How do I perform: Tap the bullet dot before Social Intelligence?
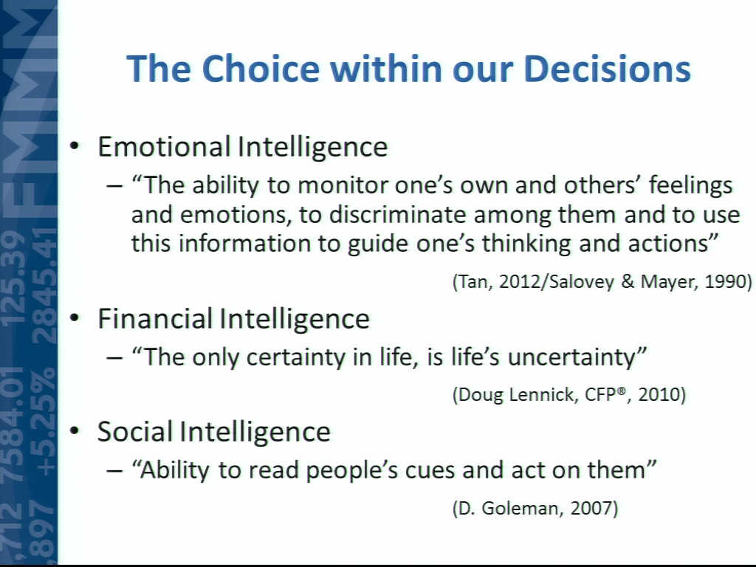coord(74,430)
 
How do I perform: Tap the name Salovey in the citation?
coord(581,281)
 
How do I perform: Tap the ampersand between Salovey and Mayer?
coord(628,281)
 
